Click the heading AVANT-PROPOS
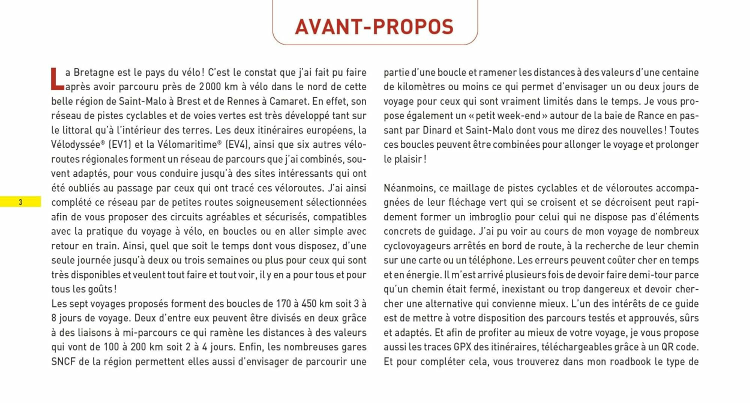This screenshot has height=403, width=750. [374, 27]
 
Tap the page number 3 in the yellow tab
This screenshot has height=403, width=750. [20, 202]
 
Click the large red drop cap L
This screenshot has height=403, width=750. [57, 79]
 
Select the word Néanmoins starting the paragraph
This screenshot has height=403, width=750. [406, 188]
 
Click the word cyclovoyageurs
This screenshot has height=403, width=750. [417, 246]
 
